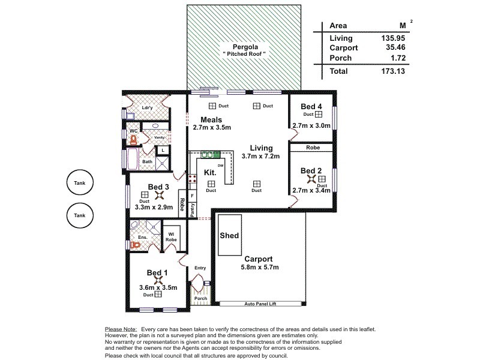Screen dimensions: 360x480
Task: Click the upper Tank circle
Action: click(80, 184)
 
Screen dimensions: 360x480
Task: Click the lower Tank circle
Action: click(80, 215)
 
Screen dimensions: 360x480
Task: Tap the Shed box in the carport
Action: click(229, 235)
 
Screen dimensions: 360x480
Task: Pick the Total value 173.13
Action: click(392, 71)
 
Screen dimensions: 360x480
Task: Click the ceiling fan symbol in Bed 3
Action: click(160, 194)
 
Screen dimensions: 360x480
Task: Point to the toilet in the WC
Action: click(133, 139)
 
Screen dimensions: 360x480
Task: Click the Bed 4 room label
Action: click(311, 106)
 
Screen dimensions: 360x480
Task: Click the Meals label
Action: click(212, 119)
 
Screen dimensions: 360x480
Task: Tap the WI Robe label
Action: click(170, 236)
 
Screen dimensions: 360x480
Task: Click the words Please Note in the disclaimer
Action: click(121, 329)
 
